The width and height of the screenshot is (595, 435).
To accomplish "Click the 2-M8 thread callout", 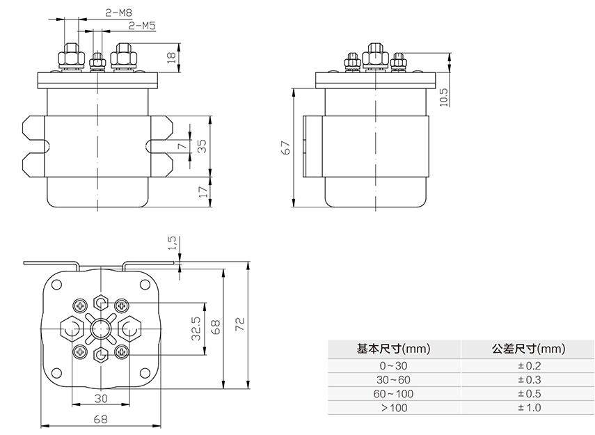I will pyautogui.click(x=119, y=13).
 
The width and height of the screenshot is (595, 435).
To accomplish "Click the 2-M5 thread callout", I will pyautogui.click(x=142, y=26).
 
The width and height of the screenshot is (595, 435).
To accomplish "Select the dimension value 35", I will pyautogui.click(x=203, y=146).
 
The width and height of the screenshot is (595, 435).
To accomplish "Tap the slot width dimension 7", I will pyautogui.click(x=182, y=146).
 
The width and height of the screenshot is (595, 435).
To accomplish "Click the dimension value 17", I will pyautogui.click(x=203, y=191).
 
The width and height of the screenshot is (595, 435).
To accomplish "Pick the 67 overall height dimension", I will pyautogui.click(x=285, y=148).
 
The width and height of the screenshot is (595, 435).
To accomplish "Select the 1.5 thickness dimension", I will pyautogui.click(x=173, y=244).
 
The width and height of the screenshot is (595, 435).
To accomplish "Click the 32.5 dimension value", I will pyautogui.click(x=196, y=328).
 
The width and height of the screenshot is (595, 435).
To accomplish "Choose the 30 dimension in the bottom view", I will pyautogui.click(x=102, y=398).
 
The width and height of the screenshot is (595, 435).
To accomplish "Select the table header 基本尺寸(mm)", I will pyautogui.click(x=392, y=348).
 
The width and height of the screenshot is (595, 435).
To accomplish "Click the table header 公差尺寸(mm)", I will pyautogui.click(x=528, y=348).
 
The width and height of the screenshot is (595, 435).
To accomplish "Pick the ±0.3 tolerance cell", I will pyautogui.click(x=528, y=380).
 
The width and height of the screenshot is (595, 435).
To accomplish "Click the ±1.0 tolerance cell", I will pyautogui.click(x=528, y=408).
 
